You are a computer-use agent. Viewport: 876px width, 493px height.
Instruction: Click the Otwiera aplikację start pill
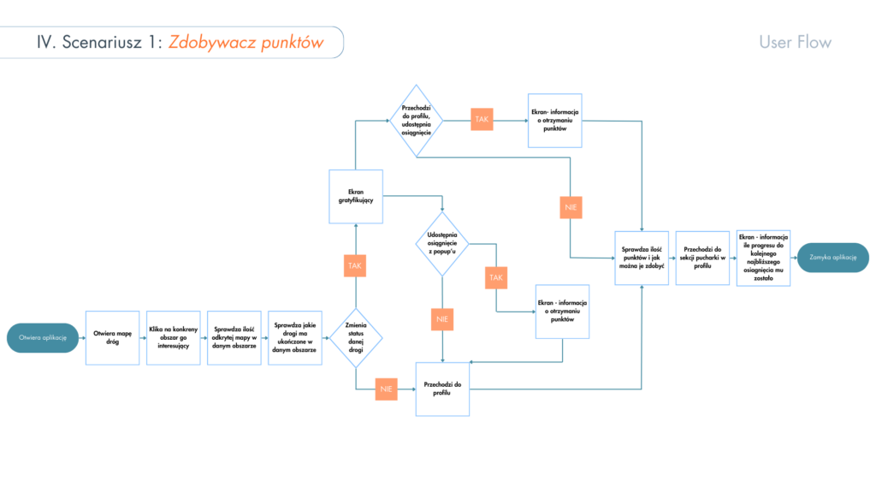[43, 338]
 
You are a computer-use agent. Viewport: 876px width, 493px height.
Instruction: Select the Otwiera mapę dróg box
[112, 338]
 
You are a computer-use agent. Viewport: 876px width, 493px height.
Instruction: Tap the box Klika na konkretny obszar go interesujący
[173, 338]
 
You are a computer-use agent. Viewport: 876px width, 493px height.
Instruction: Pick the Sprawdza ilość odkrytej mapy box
[234, 338]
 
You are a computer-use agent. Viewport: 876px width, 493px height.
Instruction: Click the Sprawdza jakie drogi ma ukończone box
[295, 338]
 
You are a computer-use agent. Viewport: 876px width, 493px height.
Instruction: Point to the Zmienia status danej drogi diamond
[355, 338]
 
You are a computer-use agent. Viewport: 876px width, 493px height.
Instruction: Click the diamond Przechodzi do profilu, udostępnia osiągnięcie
[416, 121]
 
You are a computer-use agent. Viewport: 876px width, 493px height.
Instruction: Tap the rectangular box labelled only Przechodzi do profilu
[442, 389]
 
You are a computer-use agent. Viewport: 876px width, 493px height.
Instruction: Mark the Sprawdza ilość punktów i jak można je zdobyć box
[642, 258]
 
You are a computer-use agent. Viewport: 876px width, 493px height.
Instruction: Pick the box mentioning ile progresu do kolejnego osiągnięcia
[763, 258]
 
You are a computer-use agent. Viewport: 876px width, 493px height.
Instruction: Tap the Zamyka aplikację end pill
[832, 258]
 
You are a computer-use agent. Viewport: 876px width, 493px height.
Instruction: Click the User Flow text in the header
[795, 42]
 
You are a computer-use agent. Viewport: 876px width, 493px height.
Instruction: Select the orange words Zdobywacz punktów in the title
[246, 42]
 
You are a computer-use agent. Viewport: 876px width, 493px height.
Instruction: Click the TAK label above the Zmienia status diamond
[355, 266]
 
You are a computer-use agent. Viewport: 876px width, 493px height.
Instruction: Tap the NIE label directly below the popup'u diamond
[442, 320]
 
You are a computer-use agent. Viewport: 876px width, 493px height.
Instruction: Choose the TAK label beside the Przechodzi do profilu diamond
[482, 119]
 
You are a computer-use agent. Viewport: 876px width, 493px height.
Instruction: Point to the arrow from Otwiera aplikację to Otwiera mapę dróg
[81, 338]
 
